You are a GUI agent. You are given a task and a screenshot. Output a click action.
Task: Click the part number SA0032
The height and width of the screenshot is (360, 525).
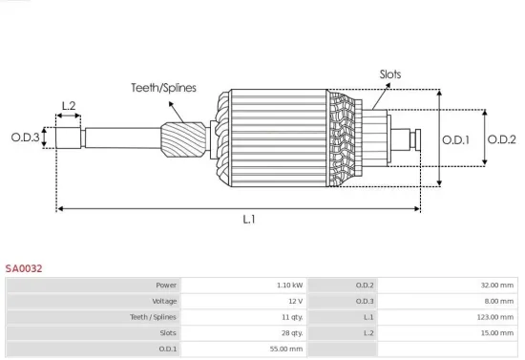pos(23,269)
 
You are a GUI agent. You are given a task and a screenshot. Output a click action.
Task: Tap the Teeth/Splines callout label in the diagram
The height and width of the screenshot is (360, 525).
pos(163,87)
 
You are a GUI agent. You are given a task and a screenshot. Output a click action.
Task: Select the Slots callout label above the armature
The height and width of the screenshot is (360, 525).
pos(390,74)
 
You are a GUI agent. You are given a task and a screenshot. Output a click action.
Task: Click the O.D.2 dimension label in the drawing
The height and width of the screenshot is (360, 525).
pos(501,139)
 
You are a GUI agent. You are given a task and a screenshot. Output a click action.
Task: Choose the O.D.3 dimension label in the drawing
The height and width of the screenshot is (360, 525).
pos(26,138)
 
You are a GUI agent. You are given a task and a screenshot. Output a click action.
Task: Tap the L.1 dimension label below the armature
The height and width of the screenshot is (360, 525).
pos(248,219)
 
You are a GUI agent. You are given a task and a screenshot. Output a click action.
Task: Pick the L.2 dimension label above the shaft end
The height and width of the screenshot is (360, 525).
pos(69,106)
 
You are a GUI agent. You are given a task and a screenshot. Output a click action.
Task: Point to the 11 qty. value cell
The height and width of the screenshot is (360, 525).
pos(290,317)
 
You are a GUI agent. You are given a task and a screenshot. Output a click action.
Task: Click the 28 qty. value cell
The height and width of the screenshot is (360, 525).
pos(290,333)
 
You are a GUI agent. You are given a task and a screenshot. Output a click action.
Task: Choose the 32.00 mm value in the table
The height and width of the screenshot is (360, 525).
pos(495,285)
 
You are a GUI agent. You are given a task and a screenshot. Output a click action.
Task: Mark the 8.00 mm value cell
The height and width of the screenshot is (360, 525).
pos(497,301)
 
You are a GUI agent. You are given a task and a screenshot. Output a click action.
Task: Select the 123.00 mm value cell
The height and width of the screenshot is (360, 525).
pos(494,317)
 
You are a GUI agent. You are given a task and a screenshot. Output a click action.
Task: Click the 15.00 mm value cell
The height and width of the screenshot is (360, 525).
pos(495,333)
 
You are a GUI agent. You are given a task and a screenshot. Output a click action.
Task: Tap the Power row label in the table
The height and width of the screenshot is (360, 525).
pos(166,285)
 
